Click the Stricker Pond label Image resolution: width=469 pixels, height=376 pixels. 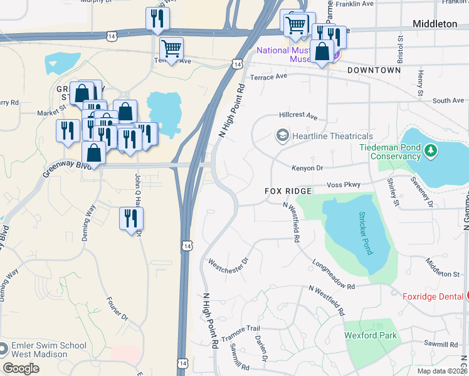[365, 233]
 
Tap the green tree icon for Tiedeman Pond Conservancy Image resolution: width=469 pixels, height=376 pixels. [430, 150]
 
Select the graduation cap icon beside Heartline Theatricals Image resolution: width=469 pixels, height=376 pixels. [283, 135]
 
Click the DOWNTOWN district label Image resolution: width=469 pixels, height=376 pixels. [374, 70]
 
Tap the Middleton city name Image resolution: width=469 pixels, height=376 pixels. [435, 24]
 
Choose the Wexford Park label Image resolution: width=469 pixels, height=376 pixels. [371, 335]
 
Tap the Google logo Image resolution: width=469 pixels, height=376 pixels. [21, 368]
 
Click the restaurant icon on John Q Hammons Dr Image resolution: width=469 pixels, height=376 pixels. [132, 219]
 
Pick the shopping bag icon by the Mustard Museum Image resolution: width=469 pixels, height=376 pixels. [322, 51]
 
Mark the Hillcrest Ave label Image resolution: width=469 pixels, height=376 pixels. [298, 116]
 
